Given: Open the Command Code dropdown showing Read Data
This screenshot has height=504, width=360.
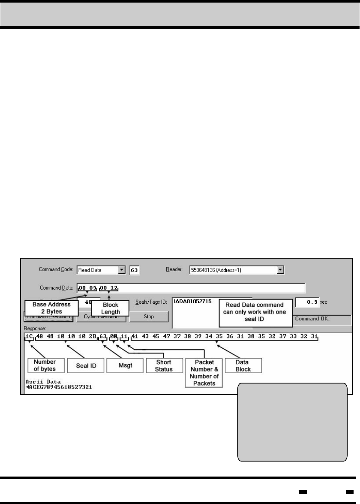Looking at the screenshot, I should tap(122, 270).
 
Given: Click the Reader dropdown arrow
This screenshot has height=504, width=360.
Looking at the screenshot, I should tap(281, 270).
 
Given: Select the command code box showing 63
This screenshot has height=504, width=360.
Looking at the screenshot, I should tap(135, 270).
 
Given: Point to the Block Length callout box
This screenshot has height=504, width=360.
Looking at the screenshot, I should tap(111, 308).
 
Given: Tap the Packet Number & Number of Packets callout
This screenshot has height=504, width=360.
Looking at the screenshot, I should tap(204, 371).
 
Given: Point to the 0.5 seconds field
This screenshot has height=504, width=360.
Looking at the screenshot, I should tap(307, 302).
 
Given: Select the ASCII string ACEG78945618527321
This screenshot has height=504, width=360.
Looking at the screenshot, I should tap(60, 387).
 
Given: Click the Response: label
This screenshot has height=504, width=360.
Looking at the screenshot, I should tap(33, 327).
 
